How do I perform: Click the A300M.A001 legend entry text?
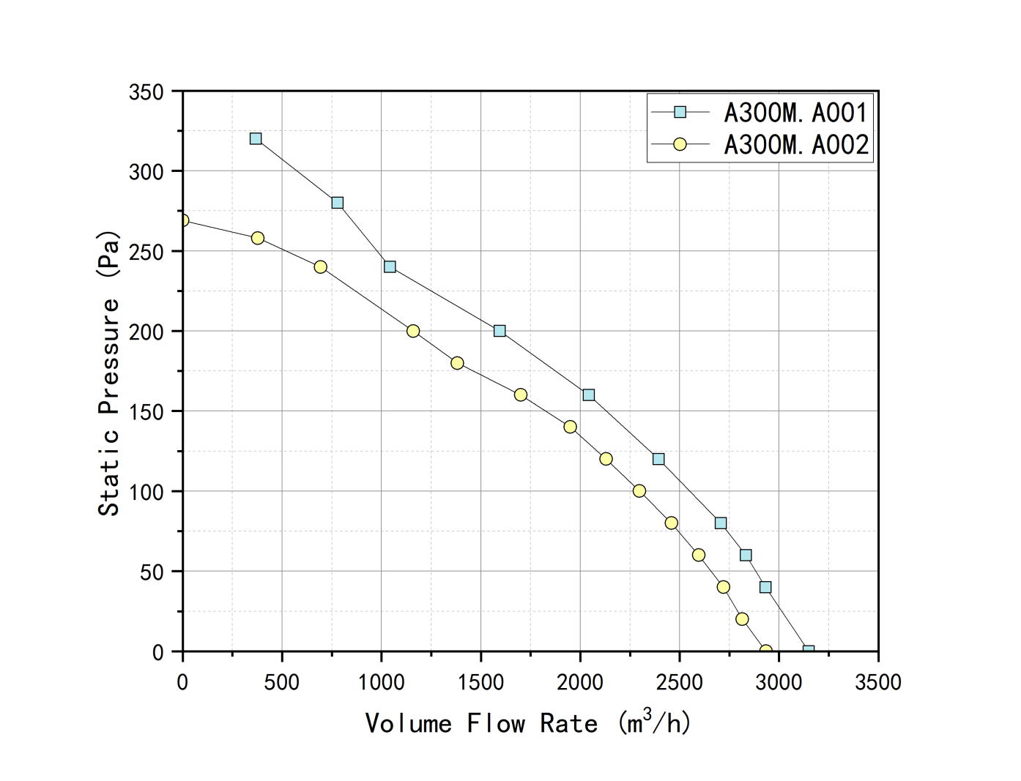tap(796, 113)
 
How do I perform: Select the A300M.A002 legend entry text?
tap(796, 145)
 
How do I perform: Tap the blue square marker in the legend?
tap(680, 112)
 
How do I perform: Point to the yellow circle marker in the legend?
tap(680, 144)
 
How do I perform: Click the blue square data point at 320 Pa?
tap(256, 138)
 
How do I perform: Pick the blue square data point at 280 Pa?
tap(337, 203)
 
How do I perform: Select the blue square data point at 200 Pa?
tap(499, 331)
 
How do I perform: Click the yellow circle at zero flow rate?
tap(184, 220)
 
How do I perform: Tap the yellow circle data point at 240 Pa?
tap(321, 267)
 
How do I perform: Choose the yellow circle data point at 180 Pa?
tap(457, 363)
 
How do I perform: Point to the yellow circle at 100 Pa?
tap(639, 491)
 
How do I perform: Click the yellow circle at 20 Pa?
tap(742, 619)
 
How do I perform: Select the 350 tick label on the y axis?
tap(146, 92)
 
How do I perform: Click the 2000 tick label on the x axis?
tap(580, 682)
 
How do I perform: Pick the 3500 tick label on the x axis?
tap(878, 682)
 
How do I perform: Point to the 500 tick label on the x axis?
tap(282, 682)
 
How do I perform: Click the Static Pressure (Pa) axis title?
tap(109, 373)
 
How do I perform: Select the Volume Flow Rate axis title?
tap(527, 722)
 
